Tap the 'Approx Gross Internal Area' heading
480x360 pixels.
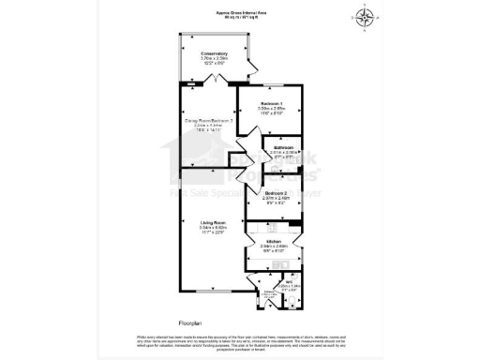coord(239,13)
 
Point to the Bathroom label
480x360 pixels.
coord(284,150)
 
